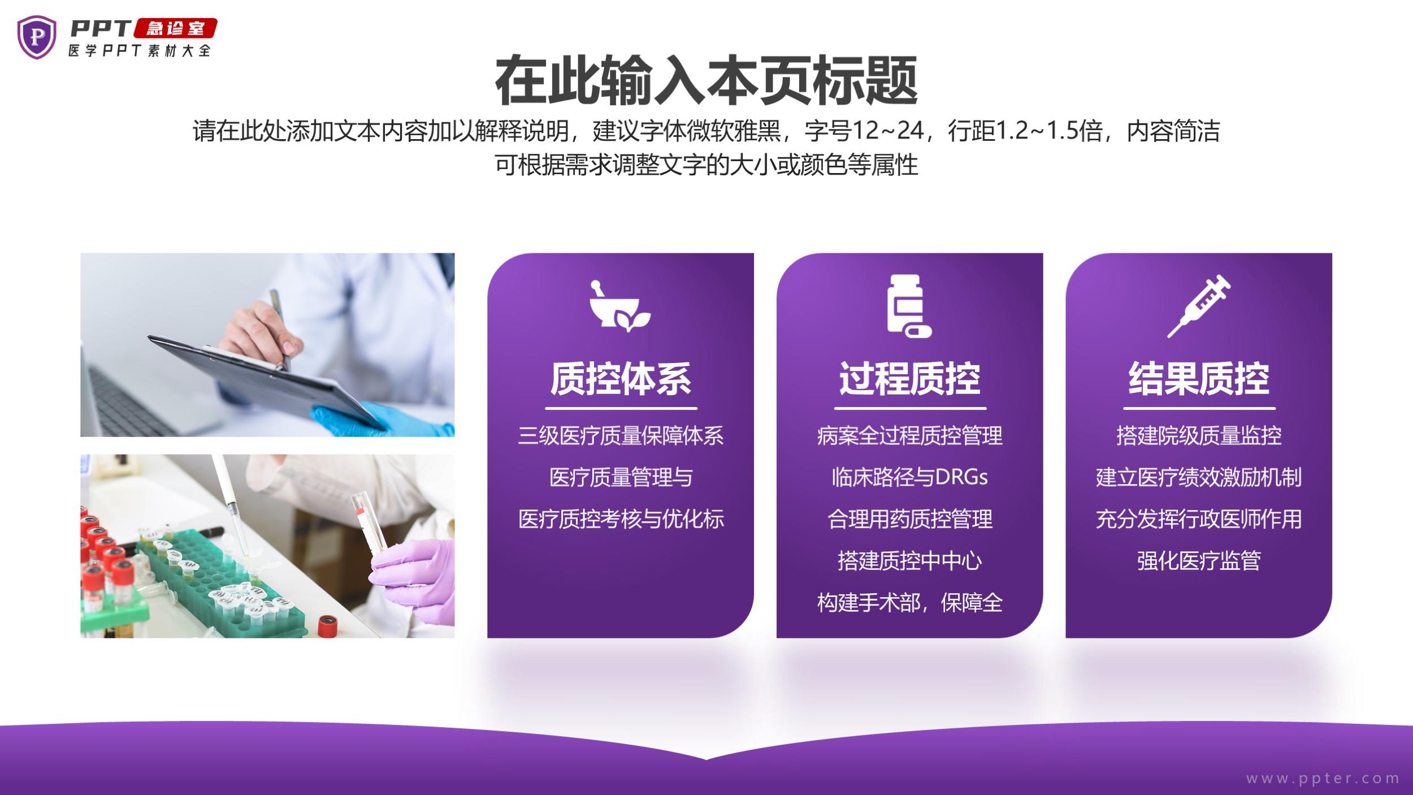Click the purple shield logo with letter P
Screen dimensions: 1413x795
coord(37,37)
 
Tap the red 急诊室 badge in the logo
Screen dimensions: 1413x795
coord(175,28)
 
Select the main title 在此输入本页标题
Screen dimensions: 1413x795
coord(706,80)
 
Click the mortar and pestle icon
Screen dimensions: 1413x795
coord(620,306)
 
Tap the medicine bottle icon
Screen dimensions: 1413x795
coord(909,306)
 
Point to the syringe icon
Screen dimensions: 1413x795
coord(1199,306)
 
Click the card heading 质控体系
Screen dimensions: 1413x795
coord(621,378)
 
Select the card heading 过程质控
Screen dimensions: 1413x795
coord(909,378)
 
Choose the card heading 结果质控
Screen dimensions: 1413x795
coord(1199,378)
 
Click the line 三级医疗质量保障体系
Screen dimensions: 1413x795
coord(621,435)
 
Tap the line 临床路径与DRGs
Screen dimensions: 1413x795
coord(909,477)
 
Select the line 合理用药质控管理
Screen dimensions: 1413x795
coord(909,519)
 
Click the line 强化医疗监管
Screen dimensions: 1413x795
coord(1199,561)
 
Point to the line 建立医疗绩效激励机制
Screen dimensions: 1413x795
coord(1199,477)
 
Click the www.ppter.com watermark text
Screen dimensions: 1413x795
coord(1323,778)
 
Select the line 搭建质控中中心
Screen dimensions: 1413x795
coord(909,561)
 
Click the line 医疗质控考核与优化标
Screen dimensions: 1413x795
coord(621,519)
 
